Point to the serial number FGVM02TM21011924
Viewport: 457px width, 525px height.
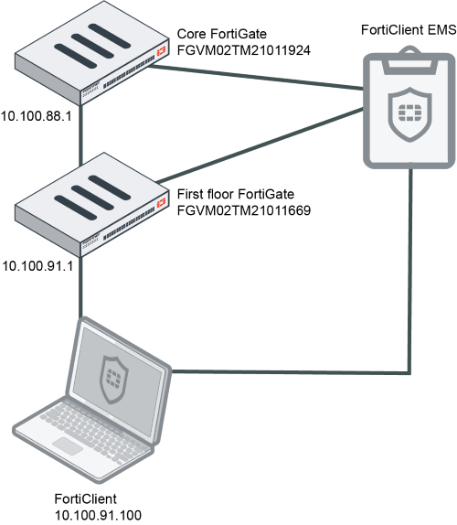pyautogui.click(x=244, y=50)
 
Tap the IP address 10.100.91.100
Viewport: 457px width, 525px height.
pyautogui.click(x=98, y=515)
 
